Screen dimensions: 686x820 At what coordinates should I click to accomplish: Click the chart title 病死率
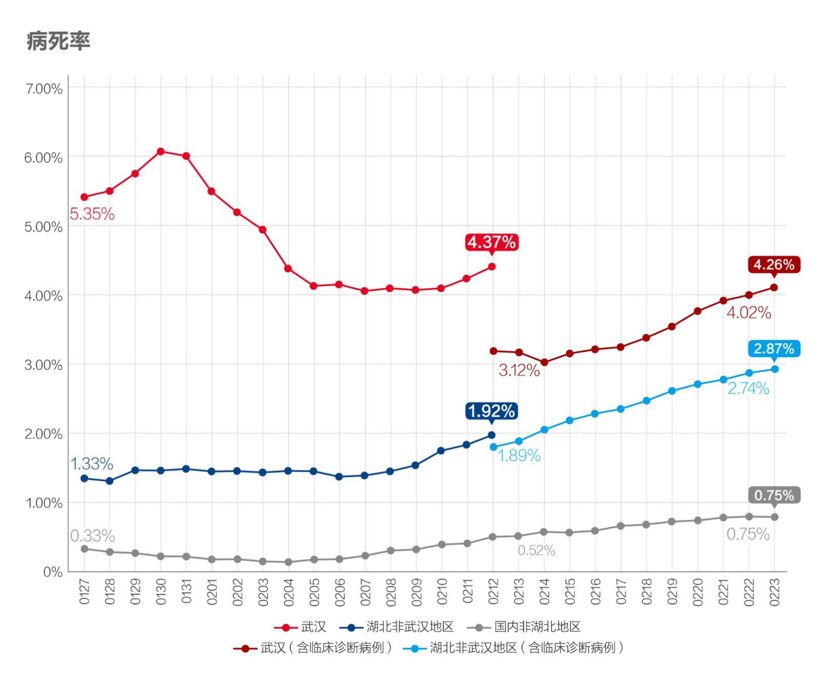pyautogui.click(x=58, y=41)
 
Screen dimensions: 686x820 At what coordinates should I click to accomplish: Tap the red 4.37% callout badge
pyautogui.click(x=491, y=242)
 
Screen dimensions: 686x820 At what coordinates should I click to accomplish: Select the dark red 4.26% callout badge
pyautogui.click(x=774, y=265)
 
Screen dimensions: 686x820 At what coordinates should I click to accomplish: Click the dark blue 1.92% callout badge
pyautogui.click(x=491, y=411)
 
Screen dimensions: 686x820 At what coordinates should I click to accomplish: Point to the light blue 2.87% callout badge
pyautogui.click(x=774, y=349)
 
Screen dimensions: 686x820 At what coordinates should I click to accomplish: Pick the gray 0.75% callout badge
pyautogui.click(x=774, y=496)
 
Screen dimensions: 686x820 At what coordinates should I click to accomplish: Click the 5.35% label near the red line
pyautogui.click(x=92, y=214)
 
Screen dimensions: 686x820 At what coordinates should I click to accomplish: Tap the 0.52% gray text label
pyautogui.click(x=536, y=551)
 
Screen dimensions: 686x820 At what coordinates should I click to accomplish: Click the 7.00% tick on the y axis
pyautogui.click(x=44, y=89)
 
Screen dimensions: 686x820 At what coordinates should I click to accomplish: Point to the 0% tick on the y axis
pyautogui.click(x=53, y=572)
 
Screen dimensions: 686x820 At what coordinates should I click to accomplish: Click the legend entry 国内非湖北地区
pyautogui.click(x=537, y=626)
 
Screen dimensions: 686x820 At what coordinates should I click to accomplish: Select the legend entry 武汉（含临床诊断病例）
pyautogui.click(x=326, y=648)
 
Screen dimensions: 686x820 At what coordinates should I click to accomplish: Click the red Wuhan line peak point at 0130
pyautogui.click(x=161, y=151)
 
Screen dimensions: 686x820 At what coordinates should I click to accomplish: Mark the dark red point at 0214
pyautogui.click(x=545, y=362)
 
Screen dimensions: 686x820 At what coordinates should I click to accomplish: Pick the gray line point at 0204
pyautogui.click(x=288, y=562)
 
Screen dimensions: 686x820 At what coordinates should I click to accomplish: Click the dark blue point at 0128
pyautogui.click(x=110, y=481)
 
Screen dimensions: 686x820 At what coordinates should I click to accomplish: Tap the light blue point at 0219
pyautogui.click(x=672, y=391)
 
